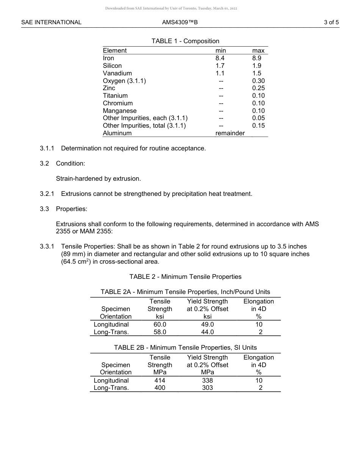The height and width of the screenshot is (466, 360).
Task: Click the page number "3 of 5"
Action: coord(331,22)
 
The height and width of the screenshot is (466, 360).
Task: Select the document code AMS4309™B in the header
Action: coord(180,22)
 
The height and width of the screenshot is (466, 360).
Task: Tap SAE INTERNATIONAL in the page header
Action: coord(51,22)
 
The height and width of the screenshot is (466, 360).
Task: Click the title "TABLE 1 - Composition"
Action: coord(185,41)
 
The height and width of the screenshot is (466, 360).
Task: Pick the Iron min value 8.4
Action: coord(220,58)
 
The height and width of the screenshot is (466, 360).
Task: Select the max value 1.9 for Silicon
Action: coord(257,66)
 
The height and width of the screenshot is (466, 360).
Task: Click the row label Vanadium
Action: coord(117,73)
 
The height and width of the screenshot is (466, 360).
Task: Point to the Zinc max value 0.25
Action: coord(258,88)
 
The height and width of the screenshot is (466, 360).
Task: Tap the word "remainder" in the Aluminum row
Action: coord(230,133)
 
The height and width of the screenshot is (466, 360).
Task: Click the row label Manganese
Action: coord(120,111)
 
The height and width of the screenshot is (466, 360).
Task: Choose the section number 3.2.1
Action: coord(47,194)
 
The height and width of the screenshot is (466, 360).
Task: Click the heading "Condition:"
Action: coord(70,163)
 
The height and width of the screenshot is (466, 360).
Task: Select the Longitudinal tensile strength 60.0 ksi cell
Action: coord(160,324)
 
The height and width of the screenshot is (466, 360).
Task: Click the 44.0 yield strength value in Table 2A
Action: coord(207,332)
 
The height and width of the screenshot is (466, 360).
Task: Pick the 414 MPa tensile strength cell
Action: coord(160,380)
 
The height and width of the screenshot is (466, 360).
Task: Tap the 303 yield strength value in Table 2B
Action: coord(207,388)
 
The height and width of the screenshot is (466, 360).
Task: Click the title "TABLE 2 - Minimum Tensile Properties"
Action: coord(185,277)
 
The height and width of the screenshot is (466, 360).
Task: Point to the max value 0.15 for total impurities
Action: coord(258,125)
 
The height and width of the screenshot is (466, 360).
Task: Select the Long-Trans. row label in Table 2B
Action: coord(111,388)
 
